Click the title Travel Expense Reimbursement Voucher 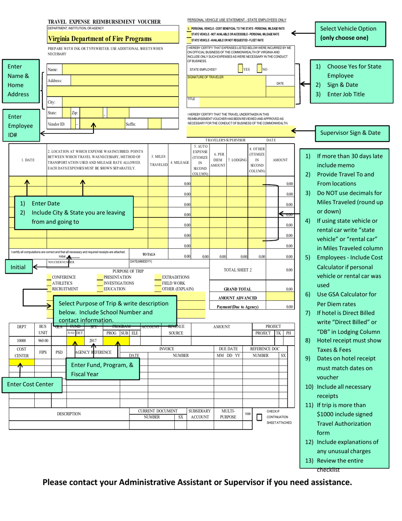(104, 22)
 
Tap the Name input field (120, 69)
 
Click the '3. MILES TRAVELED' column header (158, 161)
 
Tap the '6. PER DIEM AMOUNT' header (218, 160)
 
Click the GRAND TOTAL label (237, 289)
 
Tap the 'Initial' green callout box (17, 267)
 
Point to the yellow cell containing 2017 (94, 340)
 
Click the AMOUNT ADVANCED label (237, 298)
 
